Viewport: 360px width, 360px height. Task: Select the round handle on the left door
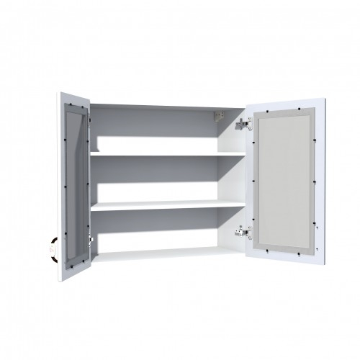click(x=52, y=246)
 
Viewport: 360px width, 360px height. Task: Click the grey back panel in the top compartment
click(x=158, y=125)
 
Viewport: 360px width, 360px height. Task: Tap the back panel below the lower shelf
click(x=158, y=227)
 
